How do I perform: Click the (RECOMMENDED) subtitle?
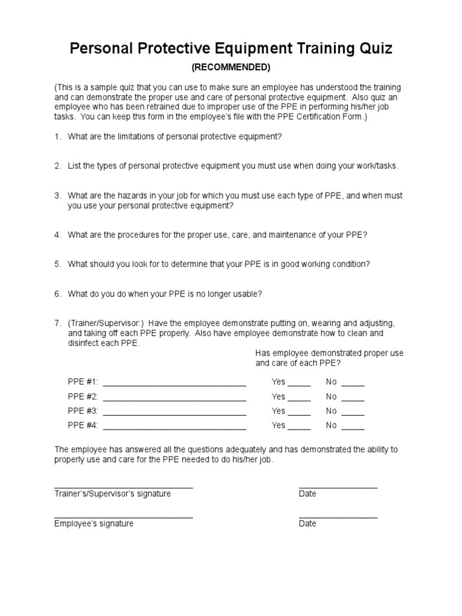coord(231,67)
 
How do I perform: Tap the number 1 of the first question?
coord(57,137)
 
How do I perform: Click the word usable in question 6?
coord(245,294)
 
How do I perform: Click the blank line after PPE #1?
coord(175,384)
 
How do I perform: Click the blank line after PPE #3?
coord(175,414)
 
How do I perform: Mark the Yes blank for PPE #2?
coord(300,399)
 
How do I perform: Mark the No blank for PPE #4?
coord(353,428)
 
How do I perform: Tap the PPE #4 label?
coord(83,426)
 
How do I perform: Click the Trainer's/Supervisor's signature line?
coord(123,487)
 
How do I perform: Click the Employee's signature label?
coord(94,523)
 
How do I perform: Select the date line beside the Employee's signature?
coord(338,517)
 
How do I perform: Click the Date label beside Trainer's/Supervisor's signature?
coord(307,494)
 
